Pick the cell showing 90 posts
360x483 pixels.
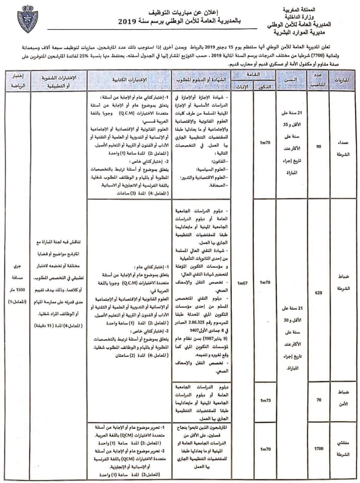tap(318, 146)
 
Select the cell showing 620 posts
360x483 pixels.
tap(318, 291)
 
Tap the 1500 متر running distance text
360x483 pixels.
tap(16, 293)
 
